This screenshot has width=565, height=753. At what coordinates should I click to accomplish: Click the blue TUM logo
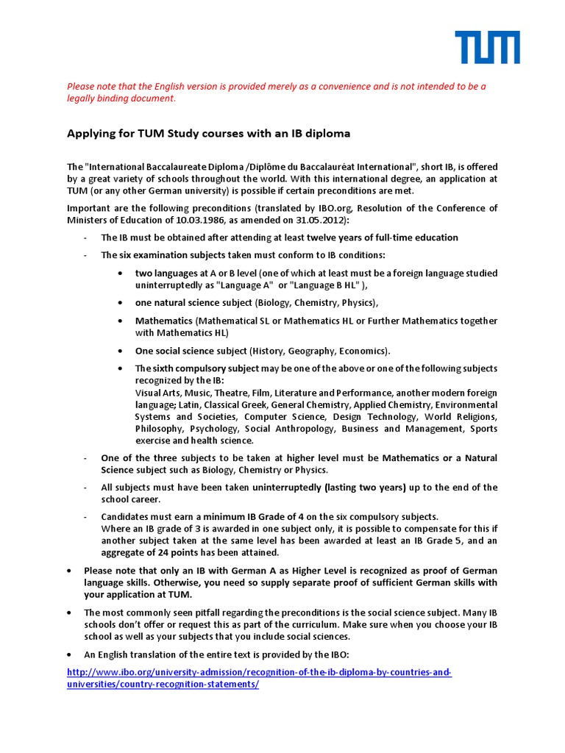click(487, 47)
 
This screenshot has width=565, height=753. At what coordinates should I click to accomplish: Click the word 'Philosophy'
click(158, 428)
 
